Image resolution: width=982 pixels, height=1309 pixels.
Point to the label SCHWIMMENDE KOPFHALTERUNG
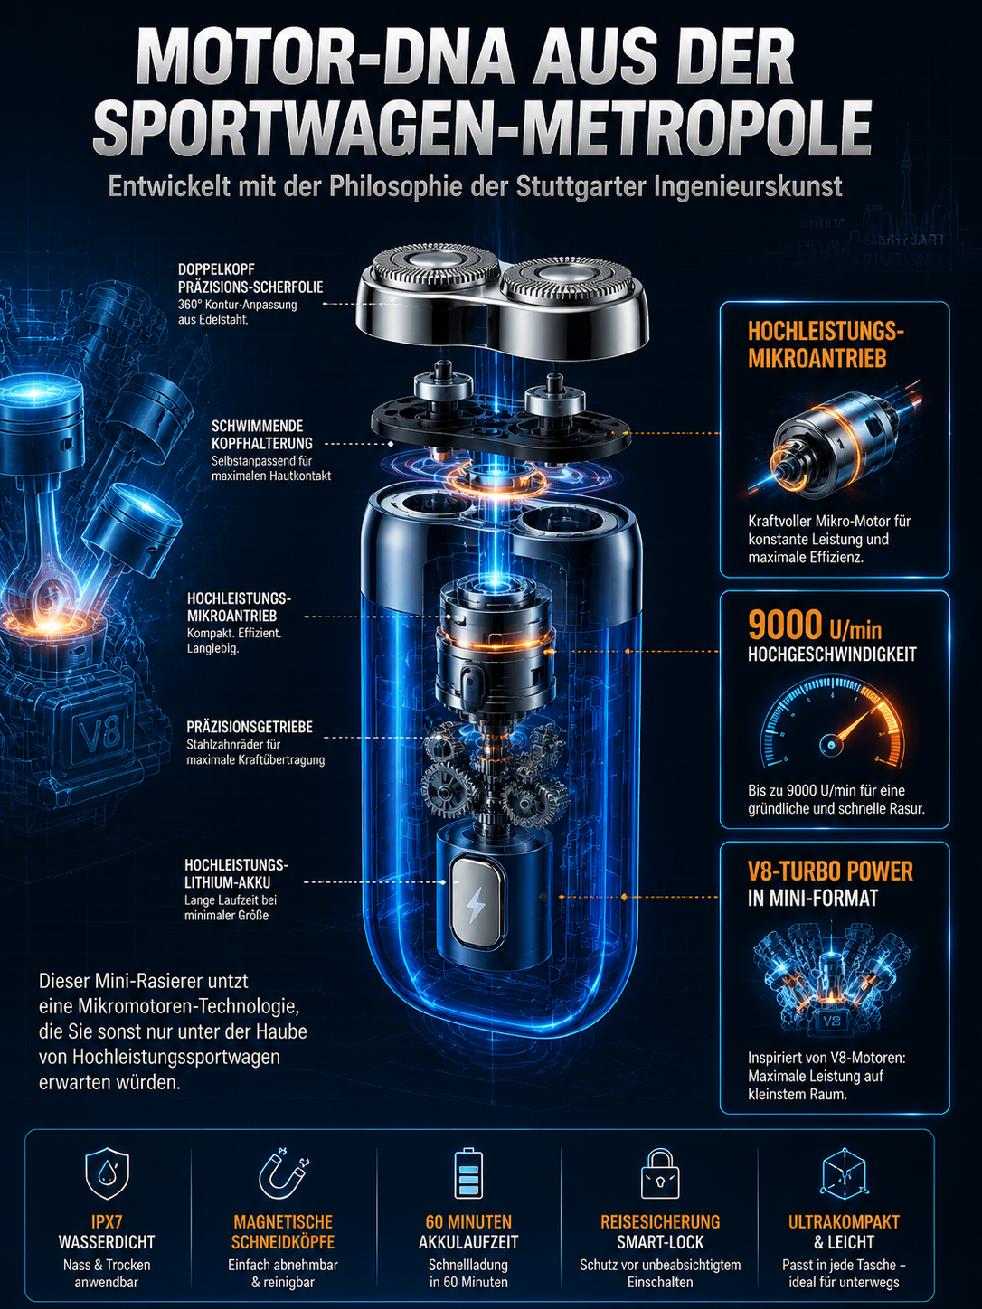[x=262, y=435]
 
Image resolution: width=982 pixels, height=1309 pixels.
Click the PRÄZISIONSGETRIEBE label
[x=250, y=727]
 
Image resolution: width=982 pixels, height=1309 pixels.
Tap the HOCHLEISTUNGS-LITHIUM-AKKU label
[x=236, y=873]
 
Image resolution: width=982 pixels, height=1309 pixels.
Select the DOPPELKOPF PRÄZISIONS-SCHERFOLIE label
[x=250, y=278]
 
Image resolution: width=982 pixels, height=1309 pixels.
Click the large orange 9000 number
[x=785, y=625]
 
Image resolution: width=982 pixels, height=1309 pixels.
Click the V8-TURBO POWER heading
[x=831, y=871]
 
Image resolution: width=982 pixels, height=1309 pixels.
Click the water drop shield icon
[x=108, y=1173]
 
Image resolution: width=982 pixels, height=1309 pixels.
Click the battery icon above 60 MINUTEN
[x=468, y=1173]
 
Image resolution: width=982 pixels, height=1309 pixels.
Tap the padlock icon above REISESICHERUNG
[x=659, y=1173]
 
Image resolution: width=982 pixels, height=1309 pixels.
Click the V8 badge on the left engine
[x=99, y=733]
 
